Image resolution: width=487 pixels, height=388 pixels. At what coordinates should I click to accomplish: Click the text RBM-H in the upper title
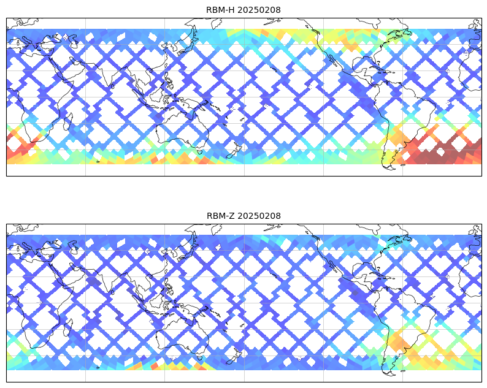pyautogui.click(x=220, y=10)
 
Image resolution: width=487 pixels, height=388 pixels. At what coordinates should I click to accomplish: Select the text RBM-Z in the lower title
pyautogui.click(x=220, y=216)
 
